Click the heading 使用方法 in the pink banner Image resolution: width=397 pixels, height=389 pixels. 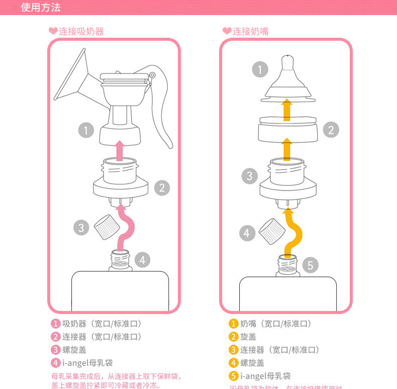(41, 8)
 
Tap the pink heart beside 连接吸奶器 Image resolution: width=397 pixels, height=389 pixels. (53, 31)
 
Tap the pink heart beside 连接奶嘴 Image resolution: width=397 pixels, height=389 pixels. (227, 31)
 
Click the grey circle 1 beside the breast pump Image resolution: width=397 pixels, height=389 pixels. (86, 130)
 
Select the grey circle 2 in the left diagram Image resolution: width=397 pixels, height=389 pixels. (161, 188)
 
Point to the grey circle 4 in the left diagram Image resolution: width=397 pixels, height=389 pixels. (142, 260)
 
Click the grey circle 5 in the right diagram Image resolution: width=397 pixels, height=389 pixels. (310, 265)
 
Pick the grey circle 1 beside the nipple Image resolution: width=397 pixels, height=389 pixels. (259, 69)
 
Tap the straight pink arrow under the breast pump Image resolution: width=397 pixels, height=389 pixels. (119, 150)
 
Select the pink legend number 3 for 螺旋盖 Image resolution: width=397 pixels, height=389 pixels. (55, 350)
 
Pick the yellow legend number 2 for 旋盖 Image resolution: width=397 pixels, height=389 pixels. (233, 337)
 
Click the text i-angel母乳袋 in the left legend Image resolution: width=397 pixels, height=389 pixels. (87, 363)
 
